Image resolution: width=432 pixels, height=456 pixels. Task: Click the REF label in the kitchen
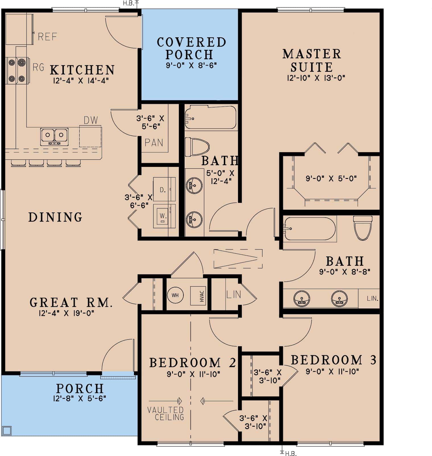(x=47, y=36)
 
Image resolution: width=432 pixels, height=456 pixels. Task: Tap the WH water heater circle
(x=175, y=295)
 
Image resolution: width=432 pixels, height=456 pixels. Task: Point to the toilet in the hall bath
(x=197, y=147)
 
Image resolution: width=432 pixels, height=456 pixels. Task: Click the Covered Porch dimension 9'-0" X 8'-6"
(x=191, y=65)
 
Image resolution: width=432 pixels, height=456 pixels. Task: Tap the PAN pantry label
(x=154, y=142)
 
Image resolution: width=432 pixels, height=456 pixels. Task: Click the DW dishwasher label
(x=91, y=120)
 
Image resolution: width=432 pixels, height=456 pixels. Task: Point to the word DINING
(x=55, y=217)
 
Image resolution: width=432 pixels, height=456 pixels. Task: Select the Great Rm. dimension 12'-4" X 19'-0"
(x=67, y=313)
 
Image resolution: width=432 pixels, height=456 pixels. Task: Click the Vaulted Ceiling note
(x=166, y=414)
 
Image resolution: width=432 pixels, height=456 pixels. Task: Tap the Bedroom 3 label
(x=334, y=360)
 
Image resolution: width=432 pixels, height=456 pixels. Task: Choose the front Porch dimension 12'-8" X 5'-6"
(x=80, y=398)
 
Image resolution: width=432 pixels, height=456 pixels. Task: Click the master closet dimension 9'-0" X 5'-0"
(x=331, y=179)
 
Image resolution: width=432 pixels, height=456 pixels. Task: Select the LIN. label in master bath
(x=372, y=298)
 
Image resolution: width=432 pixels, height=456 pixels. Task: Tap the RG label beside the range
(x=38, y=67)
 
